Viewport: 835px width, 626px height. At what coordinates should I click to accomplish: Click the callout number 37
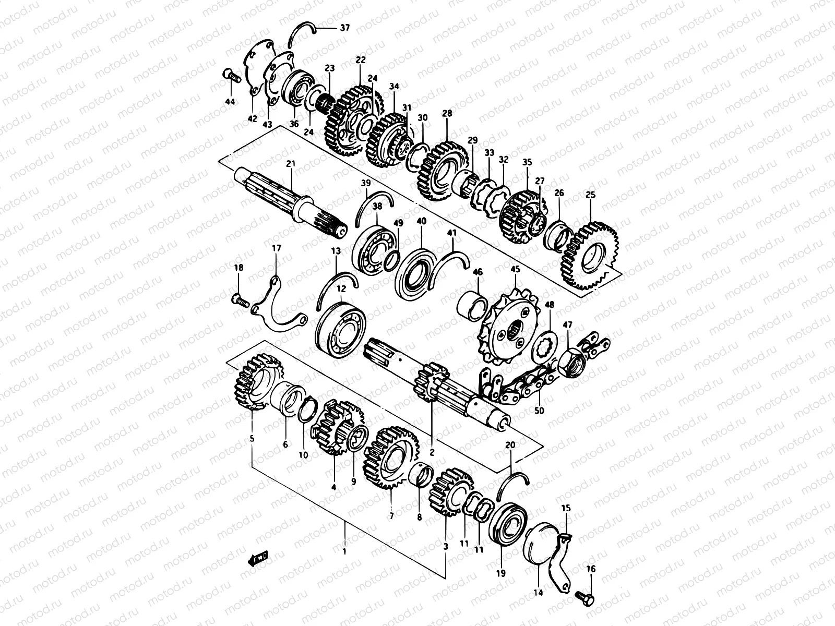point(344,28)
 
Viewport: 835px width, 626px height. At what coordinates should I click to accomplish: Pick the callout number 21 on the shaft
point(291,164)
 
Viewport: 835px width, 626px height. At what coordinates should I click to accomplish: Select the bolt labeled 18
point(240,299)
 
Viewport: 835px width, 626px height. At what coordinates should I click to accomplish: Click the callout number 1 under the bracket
point(344,551)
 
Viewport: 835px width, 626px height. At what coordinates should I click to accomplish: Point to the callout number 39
point(365,183)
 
